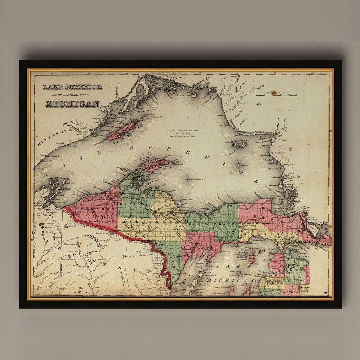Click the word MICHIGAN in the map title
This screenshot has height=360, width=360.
[x=72, y=104]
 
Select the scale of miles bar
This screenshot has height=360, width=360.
[x=277, y=95]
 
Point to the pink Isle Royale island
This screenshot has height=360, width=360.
[x=123, y=130]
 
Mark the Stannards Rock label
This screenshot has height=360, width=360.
[x=195, y=179]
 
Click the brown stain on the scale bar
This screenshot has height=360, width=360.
[x=274, y=93]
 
